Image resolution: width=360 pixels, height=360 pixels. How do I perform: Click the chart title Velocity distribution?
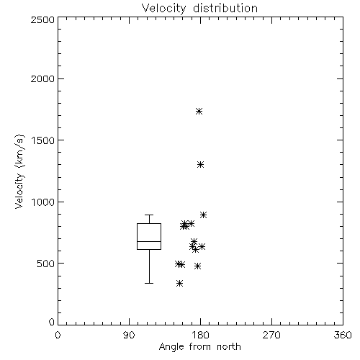[x=199, y=9]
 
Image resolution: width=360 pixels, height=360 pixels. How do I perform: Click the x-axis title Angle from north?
[x=199, y=347]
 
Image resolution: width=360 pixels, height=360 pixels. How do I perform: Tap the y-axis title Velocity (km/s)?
[x=19, y=172]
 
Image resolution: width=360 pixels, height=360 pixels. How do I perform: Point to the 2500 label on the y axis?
[x=42, y=19]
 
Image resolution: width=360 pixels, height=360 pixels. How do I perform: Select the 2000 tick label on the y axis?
[x=42, y=78]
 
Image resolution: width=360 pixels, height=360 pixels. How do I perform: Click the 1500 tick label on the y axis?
[x=43, y=140]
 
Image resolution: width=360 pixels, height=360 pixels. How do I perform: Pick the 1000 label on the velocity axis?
[x=43, y=202]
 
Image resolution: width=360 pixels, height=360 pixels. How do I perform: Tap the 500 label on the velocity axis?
[x=46, y=264]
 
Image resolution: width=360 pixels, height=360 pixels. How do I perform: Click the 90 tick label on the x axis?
[x=129, y=335]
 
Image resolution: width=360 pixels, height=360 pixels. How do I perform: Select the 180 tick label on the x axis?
[x=200, y=335]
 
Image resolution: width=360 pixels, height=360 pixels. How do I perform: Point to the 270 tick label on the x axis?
[x=271, y=335]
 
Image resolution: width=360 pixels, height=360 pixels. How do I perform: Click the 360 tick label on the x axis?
[x=343, y=335]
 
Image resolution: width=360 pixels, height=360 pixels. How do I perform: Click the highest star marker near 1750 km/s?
[x=199, y=111]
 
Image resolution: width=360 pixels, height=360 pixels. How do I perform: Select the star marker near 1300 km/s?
[x=201, y=165]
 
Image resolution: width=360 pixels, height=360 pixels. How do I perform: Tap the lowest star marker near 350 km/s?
[x=179, y=284]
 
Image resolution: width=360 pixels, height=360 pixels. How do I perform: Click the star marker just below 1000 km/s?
[x=203, y=215]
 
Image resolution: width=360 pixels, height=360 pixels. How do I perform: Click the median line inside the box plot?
[x=149, y=241]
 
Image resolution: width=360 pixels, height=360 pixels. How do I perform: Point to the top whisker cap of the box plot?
[x=149, y=215]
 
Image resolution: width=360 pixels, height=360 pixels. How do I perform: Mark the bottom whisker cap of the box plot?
[x=149, y=283]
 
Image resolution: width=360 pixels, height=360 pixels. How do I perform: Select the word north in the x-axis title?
[x=229, y=347]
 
